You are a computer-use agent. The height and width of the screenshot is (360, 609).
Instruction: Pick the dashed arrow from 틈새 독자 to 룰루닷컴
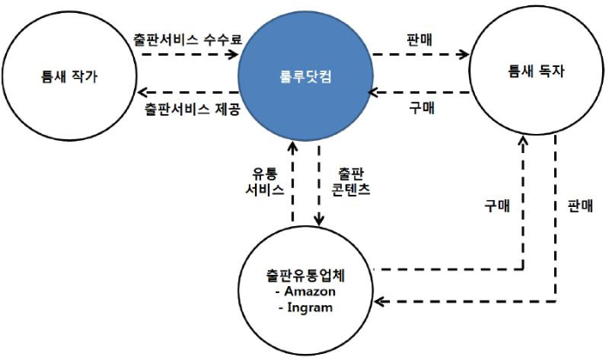pos(418,93)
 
